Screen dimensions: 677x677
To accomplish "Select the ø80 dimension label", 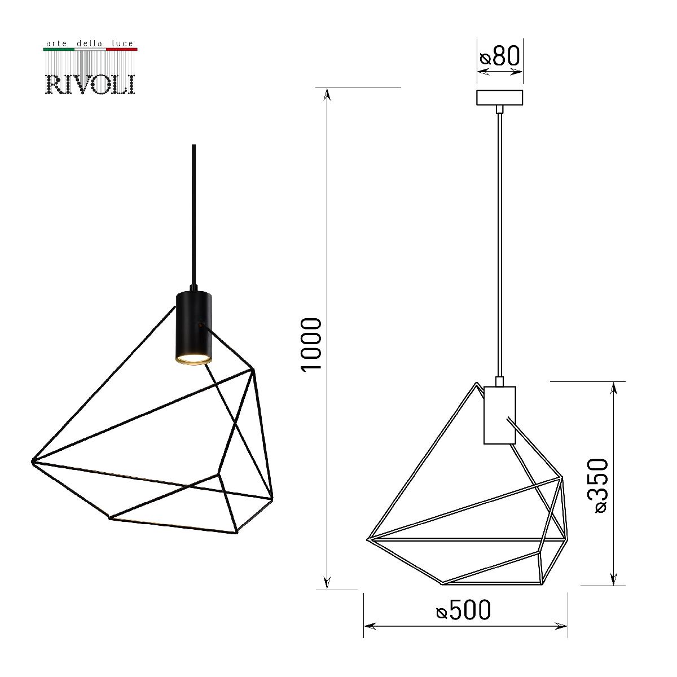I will [x=499, y=57].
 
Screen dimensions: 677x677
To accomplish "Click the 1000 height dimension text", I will [x=312, y=344].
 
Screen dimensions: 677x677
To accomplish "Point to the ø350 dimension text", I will [x=598, y=485].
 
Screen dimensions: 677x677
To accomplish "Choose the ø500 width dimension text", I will [x=464, y=610].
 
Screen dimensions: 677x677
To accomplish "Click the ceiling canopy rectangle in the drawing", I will [x=500, y=98].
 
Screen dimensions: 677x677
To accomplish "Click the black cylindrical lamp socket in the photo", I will [x=193, y=324].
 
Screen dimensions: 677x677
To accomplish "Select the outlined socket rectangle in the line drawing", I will [x=499, y=415].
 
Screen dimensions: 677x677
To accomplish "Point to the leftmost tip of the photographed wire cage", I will [x=32, y=461].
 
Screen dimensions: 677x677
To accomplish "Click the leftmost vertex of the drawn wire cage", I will [x=368, y=539].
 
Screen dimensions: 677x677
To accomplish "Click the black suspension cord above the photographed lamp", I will [x=194, y=214].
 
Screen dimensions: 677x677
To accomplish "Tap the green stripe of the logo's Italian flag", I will [x=59, y=50].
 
